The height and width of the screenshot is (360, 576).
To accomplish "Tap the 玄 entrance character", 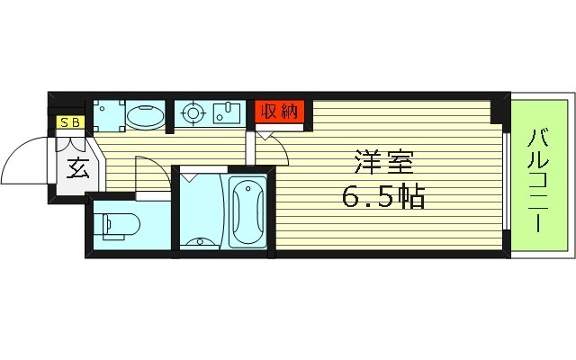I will [74, 167].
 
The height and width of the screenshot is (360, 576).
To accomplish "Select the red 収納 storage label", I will [279, 112].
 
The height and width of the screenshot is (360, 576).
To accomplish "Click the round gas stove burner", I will [192, 114].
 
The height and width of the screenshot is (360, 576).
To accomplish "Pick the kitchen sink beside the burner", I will [227, 113].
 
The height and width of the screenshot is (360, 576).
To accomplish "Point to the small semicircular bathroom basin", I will [202, 242].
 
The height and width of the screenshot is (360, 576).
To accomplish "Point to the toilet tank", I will [100, 225].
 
